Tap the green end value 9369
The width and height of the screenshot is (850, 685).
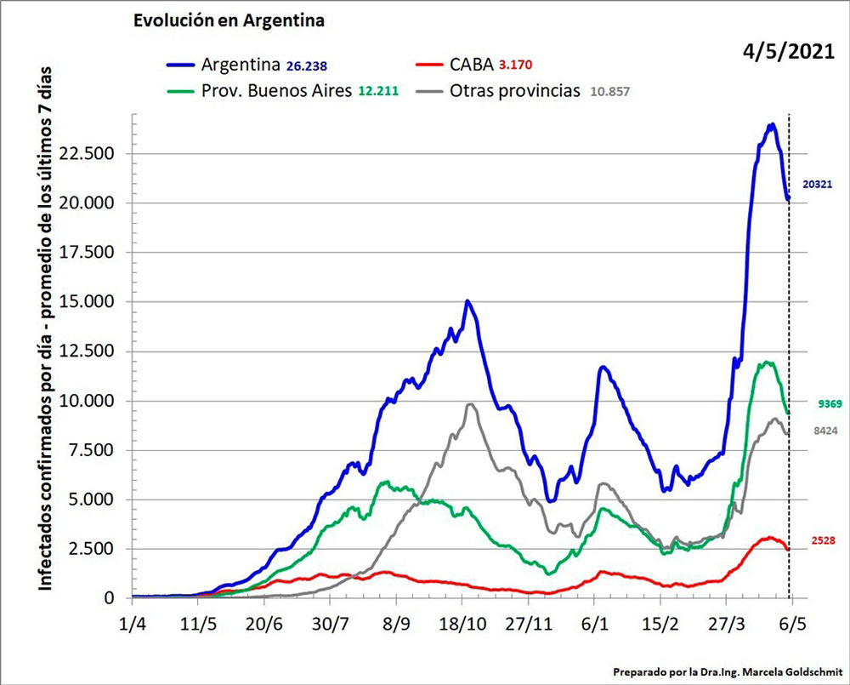coord(823,404)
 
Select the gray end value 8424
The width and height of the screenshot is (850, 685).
coord(823,431)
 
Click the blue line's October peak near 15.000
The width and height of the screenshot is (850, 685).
coord(467,302)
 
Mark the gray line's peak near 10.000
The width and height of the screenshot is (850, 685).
coord(470,405)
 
